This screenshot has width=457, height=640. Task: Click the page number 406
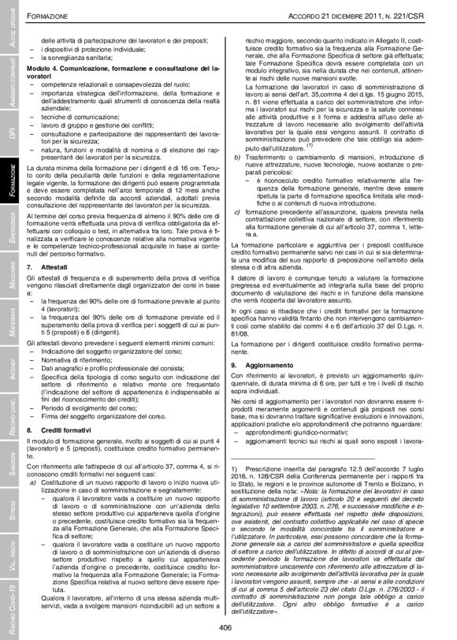click(x=228, y=625)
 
